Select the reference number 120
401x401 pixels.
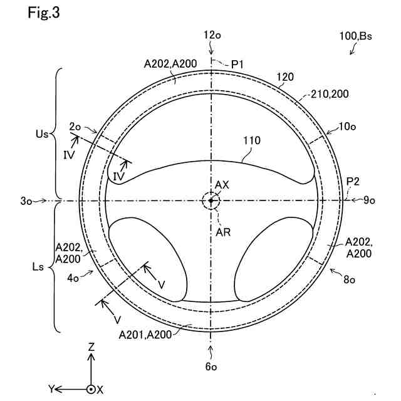[285, 77]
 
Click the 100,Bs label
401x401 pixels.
[356, 36]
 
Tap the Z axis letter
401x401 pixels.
[91, 346]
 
